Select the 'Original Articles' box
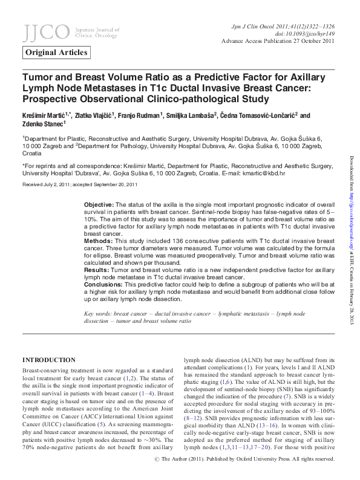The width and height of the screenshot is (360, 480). (x=57, y=53)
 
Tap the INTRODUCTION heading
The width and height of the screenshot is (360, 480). (x=49, y=360)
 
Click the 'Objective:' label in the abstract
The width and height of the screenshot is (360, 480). (x=98, y=205)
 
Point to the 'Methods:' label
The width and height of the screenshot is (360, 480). (x=97, y=241)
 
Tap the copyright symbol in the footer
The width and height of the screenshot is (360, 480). (x=158, y=460)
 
